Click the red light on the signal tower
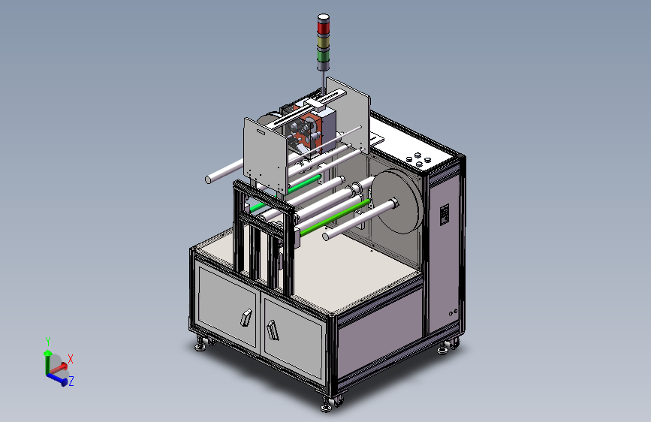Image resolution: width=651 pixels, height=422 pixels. pos(324,28)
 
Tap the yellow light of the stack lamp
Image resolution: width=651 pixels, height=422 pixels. pos(324,42)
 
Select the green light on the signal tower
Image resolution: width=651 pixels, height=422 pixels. pos(324,56)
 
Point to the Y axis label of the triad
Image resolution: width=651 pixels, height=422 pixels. pos(48,342)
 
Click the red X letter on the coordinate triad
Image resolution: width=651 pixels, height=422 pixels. pos(71,359)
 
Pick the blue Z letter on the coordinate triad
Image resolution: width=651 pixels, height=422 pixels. pos(71,381)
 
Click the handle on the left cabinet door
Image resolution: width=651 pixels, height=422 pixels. pos(246,318)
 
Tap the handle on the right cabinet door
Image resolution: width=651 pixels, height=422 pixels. pos(273,330)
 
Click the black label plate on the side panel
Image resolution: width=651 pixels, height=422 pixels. pos(445,214)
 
